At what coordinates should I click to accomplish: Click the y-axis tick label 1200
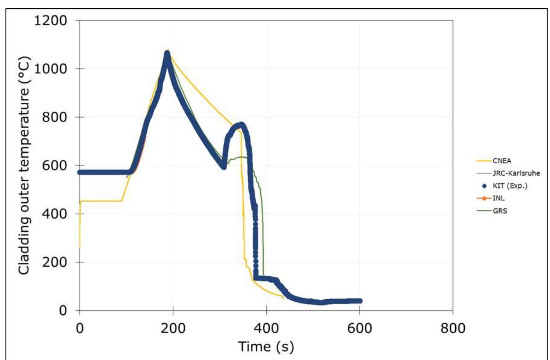[x=50, y=21]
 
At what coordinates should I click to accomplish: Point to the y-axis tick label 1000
[x=50, y=69]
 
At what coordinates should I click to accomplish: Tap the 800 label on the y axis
[x=55, y=117]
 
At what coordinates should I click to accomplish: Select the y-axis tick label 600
[x=55, y=166]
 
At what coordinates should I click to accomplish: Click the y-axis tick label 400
[x=55, y=214]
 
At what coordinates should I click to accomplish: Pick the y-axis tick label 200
[x=55, y=262]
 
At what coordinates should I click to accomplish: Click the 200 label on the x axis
[x=173, y=328]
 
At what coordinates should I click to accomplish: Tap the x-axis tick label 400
[x=266, y=328]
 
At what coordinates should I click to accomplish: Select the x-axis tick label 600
[x=359, y=328]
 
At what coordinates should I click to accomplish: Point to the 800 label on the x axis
[x=453, y=328]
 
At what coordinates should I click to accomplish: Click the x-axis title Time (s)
[x=266, y=347]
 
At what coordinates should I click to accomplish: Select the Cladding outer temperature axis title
[x=24, y=165]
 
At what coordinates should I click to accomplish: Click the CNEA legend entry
[x=502, y=161]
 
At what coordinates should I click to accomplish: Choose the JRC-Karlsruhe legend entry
[x=516, y=173]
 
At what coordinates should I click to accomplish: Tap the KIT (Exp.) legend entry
[x=510, y=186]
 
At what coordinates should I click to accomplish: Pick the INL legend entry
[x=498, y=198]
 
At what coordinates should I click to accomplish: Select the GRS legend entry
[x=500, y=211]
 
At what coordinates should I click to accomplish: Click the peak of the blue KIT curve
[x=167, y=54]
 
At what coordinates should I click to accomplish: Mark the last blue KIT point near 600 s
[x=360, y=301]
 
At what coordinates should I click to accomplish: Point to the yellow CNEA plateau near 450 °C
[x=101, y=201]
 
